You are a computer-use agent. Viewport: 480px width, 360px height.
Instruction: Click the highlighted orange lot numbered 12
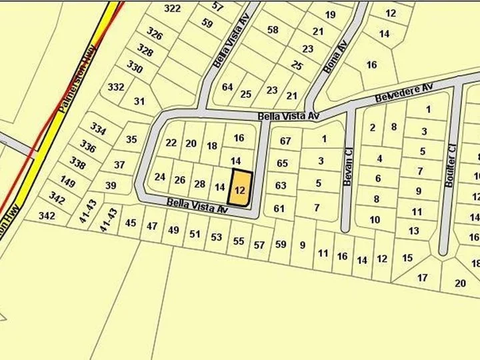pyautogui.click(x=241, y=189)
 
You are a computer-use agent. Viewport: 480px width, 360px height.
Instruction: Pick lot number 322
pyautogui.click(x=172, y=8)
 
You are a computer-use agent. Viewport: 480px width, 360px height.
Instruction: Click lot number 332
pyautogui.click(x=116, y=87)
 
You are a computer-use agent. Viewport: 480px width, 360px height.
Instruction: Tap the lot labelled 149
pyautogui.click(x=67, y=180)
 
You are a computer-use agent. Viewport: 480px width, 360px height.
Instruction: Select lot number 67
pyautogui.click(x=285, y=141)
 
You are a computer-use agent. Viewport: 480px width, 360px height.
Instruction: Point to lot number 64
pyautogui.click(x=227, y=87)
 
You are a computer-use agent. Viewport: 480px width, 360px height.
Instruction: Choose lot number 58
pyautogui.click(x=272, y=29)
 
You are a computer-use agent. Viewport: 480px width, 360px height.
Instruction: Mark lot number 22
pyautogui.click(x=171, y=143)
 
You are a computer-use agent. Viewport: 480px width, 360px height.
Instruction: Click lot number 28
pyautogui.click(x=199, y=184)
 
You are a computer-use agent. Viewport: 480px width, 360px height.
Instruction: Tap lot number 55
pyautogui.click(x=239, y=241)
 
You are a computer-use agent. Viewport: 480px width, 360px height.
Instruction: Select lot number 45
pyautogui.click(x=131, y=223)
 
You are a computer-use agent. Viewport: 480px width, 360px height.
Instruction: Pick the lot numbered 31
pyautogui.click(x=139, y=101)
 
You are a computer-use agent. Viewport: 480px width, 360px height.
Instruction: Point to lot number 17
pyautogui.click(x=422, y=277)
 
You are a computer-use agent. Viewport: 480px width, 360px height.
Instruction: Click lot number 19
pyautogui.click(x=331, y=15)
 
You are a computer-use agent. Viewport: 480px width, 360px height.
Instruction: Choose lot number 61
pyautogui.click(x=279, y=209)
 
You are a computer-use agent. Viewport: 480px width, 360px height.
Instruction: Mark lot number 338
pyautogui.click(x=78, y=163)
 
